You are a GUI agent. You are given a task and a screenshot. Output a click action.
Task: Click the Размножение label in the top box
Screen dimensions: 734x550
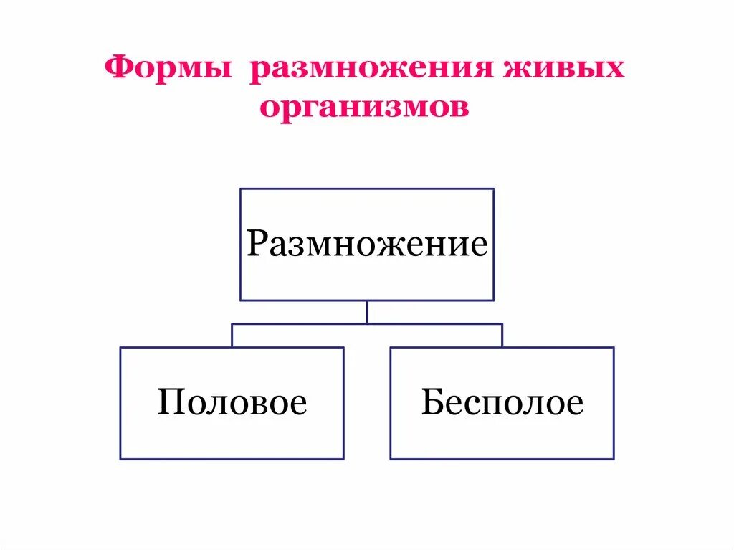(367, 244)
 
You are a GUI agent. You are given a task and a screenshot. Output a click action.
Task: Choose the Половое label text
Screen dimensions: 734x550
(232, 402)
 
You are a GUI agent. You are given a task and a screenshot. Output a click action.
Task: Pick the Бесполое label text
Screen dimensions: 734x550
(502, 402)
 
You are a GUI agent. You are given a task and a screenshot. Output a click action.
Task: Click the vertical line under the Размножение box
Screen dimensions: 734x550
(367, 312)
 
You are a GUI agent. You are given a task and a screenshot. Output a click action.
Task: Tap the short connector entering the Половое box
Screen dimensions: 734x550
(232, 336)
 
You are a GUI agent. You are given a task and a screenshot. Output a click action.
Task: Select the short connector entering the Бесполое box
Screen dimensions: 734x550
(502, 336)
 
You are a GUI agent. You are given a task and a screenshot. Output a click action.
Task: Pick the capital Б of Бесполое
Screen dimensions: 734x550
(431, 402)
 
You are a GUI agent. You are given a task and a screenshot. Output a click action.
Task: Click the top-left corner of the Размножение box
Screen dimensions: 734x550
(240, 189)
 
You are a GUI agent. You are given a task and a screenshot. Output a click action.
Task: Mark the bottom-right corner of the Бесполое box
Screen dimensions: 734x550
(614, 458)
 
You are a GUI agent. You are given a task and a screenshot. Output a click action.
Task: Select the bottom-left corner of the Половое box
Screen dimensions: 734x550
(120, 458)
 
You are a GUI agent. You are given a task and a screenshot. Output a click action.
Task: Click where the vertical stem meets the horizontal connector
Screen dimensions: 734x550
(367, 324)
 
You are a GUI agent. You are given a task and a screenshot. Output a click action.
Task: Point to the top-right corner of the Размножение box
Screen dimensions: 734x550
(494, 189)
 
